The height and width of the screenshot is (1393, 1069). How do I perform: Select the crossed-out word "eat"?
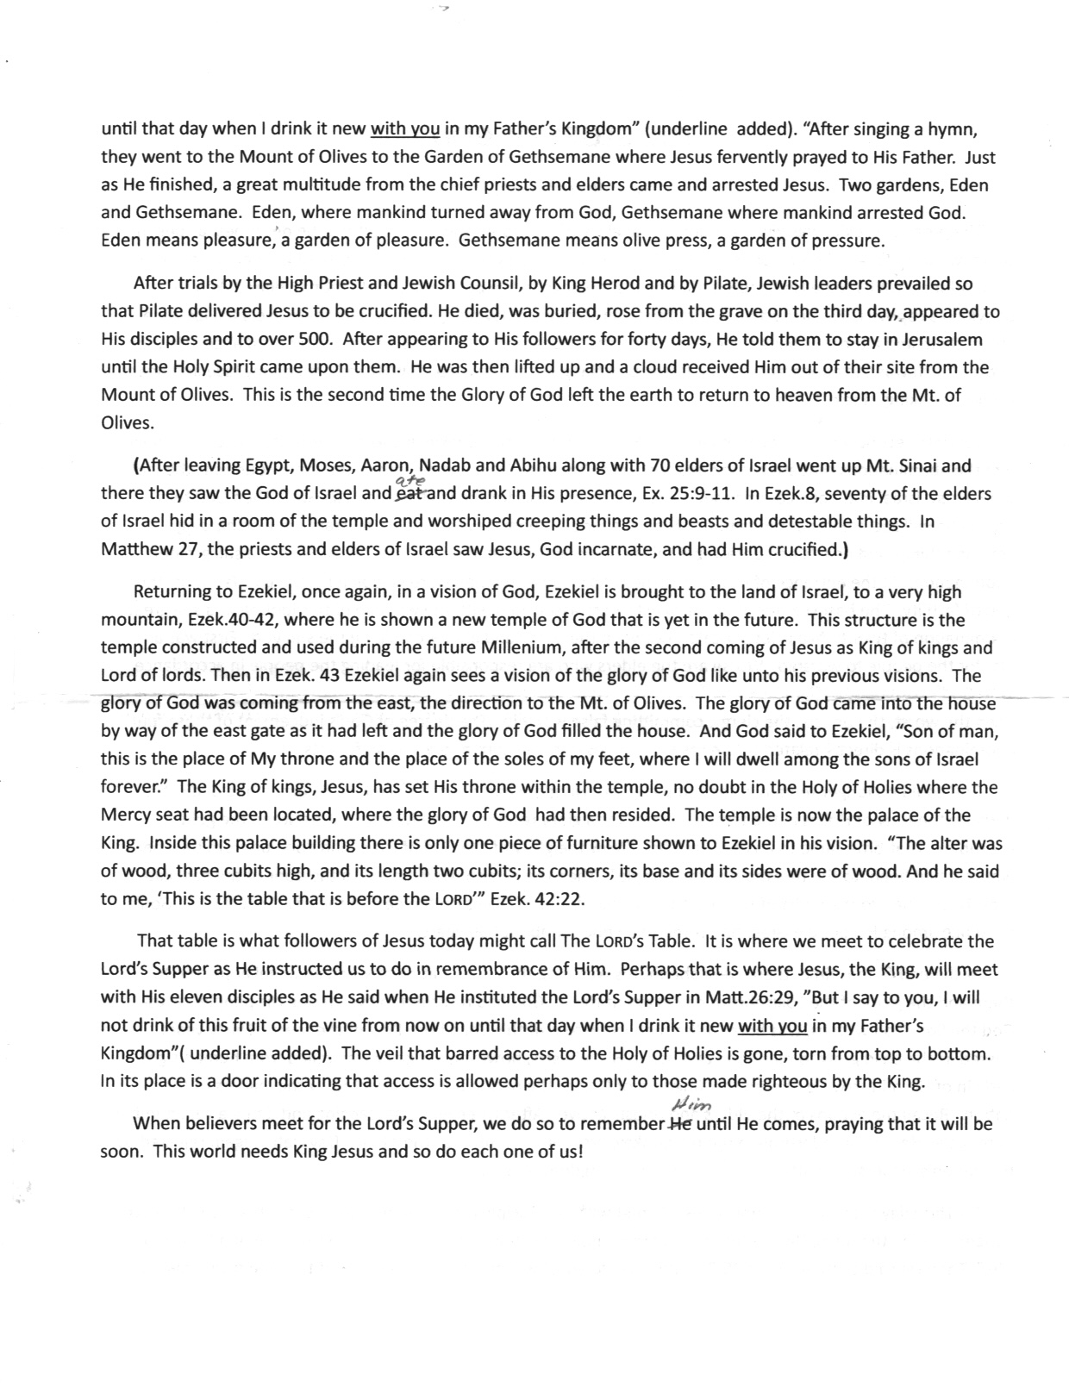407,495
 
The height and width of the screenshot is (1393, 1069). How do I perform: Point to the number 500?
303,340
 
